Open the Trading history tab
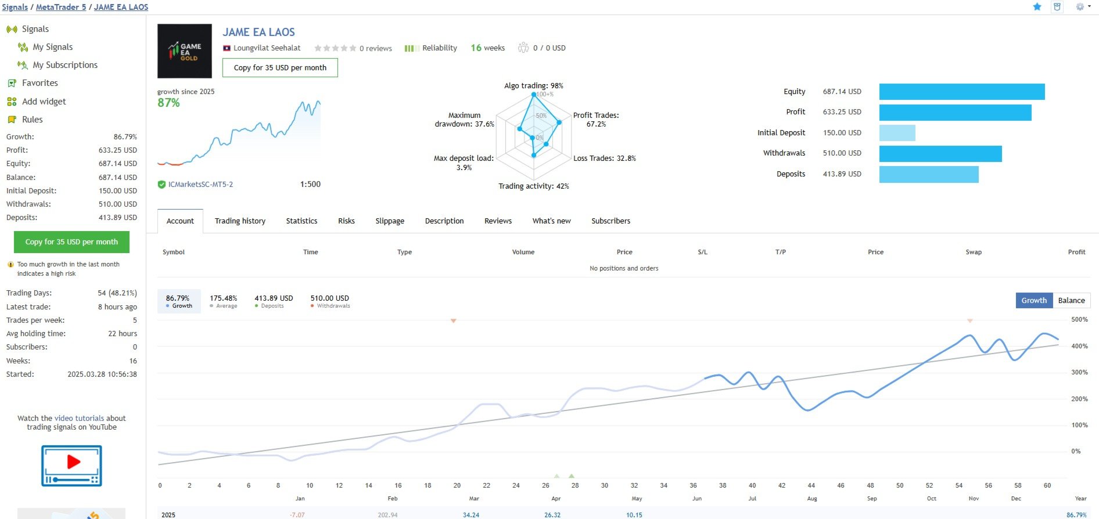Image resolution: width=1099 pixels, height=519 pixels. point(240,221)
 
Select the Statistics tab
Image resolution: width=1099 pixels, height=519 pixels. point(301,221)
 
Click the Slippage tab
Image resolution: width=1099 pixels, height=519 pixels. point(390,221)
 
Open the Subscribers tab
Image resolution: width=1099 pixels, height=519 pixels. point(610,221)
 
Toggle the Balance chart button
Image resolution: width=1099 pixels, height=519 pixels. point(1071,301)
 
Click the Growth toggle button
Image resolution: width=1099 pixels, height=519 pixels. point(1034,301)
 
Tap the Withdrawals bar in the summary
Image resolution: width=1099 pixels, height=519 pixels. point(940,154)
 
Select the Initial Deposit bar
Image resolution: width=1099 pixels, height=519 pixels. point(897,133)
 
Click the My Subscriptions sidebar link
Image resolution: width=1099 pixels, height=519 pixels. point(65,65)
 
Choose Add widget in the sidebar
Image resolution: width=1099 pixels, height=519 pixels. point(44,102)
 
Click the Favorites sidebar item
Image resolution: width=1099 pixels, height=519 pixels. point(39,83)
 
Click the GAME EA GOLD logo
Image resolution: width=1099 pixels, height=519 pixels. point(185,51)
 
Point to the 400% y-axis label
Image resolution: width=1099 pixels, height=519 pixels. point(1079,347)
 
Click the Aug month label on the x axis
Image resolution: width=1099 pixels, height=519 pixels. point(811,499)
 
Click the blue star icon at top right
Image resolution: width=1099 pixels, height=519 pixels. point(1037,7)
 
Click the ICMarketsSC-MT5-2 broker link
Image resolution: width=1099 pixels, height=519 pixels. point(200,185)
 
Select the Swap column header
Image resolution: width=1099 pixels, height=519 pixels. point(974,253)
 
